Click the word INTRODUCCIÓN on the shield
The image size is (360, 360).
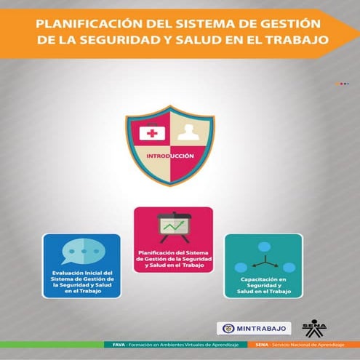click(x=169, y=156)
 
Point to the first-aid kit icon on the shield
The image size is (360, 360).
click(x=148, y=132)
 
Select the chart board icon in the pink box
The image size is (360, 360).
click(x=173, y=227)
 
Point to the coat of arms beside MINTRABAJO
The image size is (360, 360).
click(x=227, y=328)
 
